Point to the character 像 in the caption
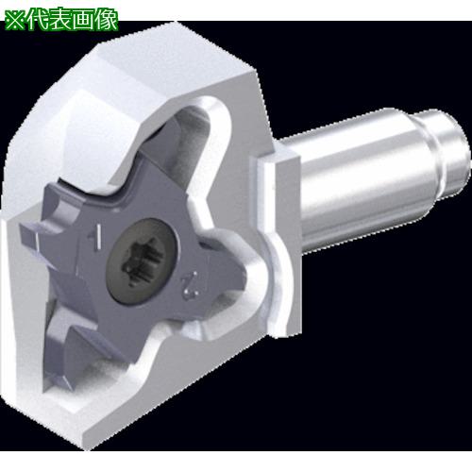[x=107, y=21]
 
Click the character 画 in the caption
[x=84, y=21]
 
